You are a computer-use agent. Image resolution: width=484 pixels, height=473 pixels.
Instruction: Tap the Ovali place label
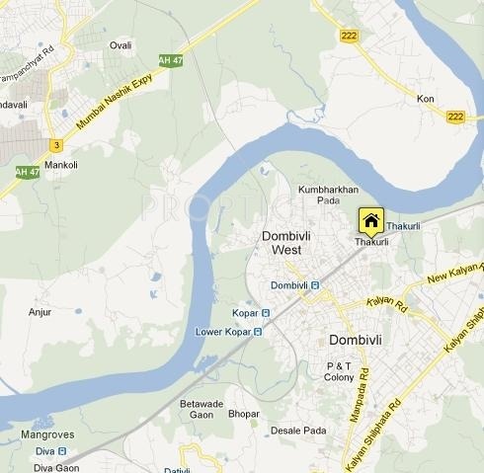coord(121,45)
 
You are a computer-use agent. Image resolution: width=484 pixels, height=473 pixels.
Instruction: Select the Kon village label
coord(426,100)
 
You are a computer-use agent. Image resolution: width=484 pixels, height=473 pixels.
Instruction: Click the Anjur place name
coord(41,312)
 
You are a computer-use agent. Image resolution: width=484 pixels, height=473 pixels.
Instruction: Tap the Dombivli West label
coord(286,243)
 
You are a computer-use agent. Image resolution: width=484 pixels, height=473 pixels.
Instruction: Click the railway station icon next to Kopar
coord(266,313)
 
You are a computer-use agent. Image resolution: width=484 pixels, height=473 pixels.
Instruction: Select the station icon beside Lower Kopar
coord(259,332)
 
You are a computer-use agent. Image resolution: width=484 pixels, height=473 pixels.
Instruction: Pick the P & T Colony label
coord(340,372)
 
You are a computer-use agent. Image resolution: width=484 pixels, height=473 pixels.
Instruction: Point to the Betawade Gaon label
coord(202,409)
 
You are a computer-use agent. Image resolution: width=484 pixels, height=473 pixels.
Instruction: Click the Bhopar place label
coord(244,414)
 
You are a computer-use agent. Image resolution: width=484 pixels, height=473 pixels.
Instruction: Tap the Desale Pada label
coord(297,431)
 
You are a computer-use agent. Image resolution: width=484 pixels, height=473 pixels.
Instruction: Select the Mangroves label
coord(46,434)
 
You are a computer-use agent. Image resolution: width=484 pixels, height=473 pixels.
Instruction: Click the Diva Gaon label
coord(56,467)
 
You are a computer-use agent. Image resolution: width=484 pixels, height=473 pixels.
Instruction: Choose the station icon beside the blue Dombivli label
coord(315,285)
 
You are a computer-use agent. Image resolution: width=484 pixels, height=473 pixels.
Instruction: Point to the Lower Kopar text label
coord(223,332)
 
